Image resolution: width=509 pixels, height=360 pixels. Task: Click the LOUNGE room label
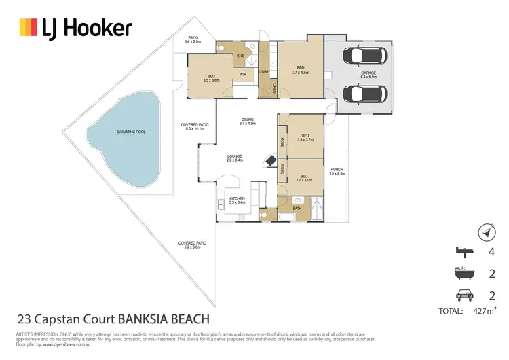coord(235,157)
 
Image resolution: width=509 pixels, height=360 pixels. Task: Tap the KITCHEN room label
coord(237,200)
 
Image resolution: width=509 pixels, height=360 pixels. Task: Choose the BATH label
coord(297,208)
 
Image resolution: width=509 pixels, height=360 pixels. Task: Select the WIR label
coord(242,73)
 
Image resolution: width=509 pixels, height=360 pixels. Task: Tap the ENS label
coord(240,55)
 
